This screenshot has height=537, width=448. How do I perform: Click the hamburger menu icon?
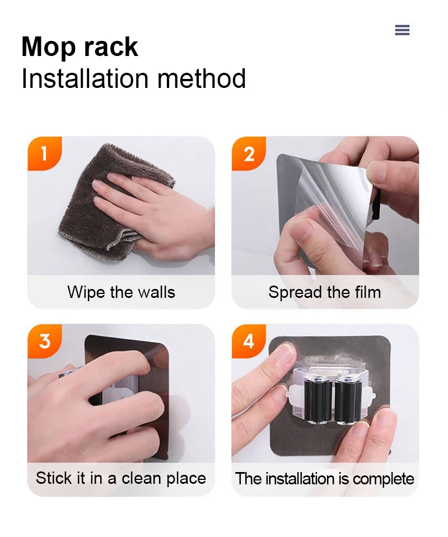click(402, 30)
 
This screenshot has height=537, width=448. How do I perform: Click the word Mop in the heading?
click(48, 47)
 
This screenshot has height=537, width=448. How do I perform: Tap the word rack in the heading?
click(111, 46)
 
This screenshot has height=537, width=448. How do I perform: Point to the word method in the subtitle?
click(202, 78)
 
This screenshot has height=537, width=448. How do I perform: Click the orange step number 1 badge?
click(45, 153)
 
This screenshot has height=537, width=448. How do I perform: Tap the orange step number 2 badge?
click(249, 153)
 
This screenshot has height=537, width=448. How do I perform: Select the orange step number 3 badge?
click(45, 341)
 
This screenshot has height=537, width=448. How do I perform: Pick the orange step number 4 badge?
click(249, 341)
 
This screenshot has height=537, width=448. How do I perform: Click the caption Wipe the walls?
click(122, 292)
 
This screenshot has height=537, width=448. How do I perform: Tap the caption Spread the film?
click(325, 292)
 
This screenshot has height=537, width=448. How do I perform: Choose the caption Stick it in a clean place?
click(121, 478)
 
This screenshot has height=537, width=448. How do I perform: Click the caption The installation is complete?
click(325, 478)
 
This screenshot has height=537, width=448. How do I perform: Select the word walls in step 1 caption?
click(156, 292)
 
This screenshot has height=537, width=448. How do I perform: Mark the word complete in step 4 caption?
click(383, 479)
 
